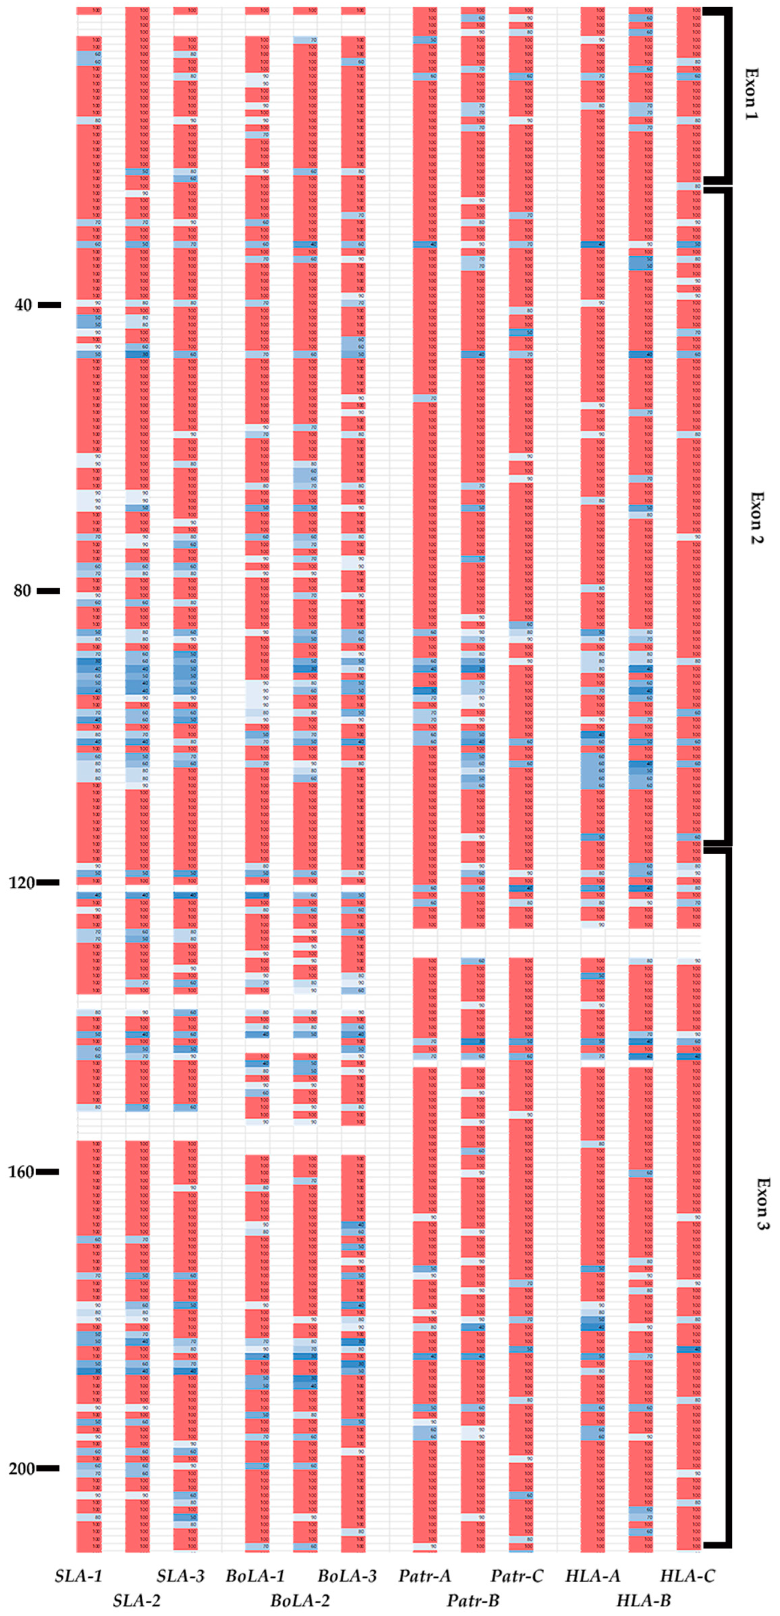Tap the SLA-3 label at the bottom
click(x=181, y=1575)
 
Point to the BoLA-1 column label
click(x=255, y=1575)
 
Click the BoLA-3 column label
click(x=347, y=1575)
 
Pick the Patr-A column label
click(x=425, y=1575)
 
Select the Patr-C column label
click(x=517, y=1575)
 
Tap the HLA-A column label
click(x=593, y=1575)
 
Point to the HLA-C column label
click(x=688, y=1575)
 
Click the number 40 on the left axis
click(x=23, y=306)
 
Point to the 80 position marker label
click(x=23, y=591)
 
